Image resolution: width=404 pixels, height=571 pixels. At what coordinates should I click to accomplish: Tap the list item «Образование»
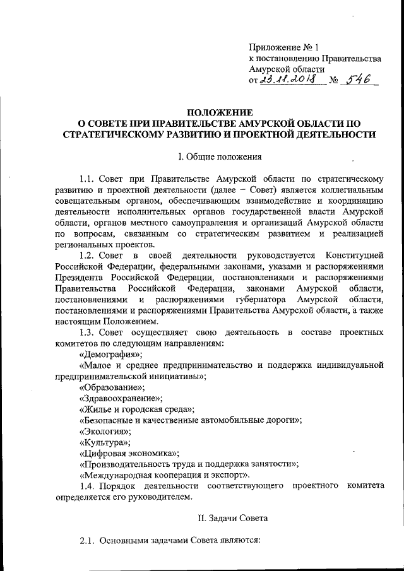point(110,387)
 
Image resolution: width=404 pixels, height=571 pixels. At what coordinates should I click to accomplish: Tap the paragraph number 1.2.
point(88,255)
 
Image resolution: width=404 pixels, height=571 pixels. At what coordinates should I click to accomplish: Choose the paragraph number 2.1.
point(88,541)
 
